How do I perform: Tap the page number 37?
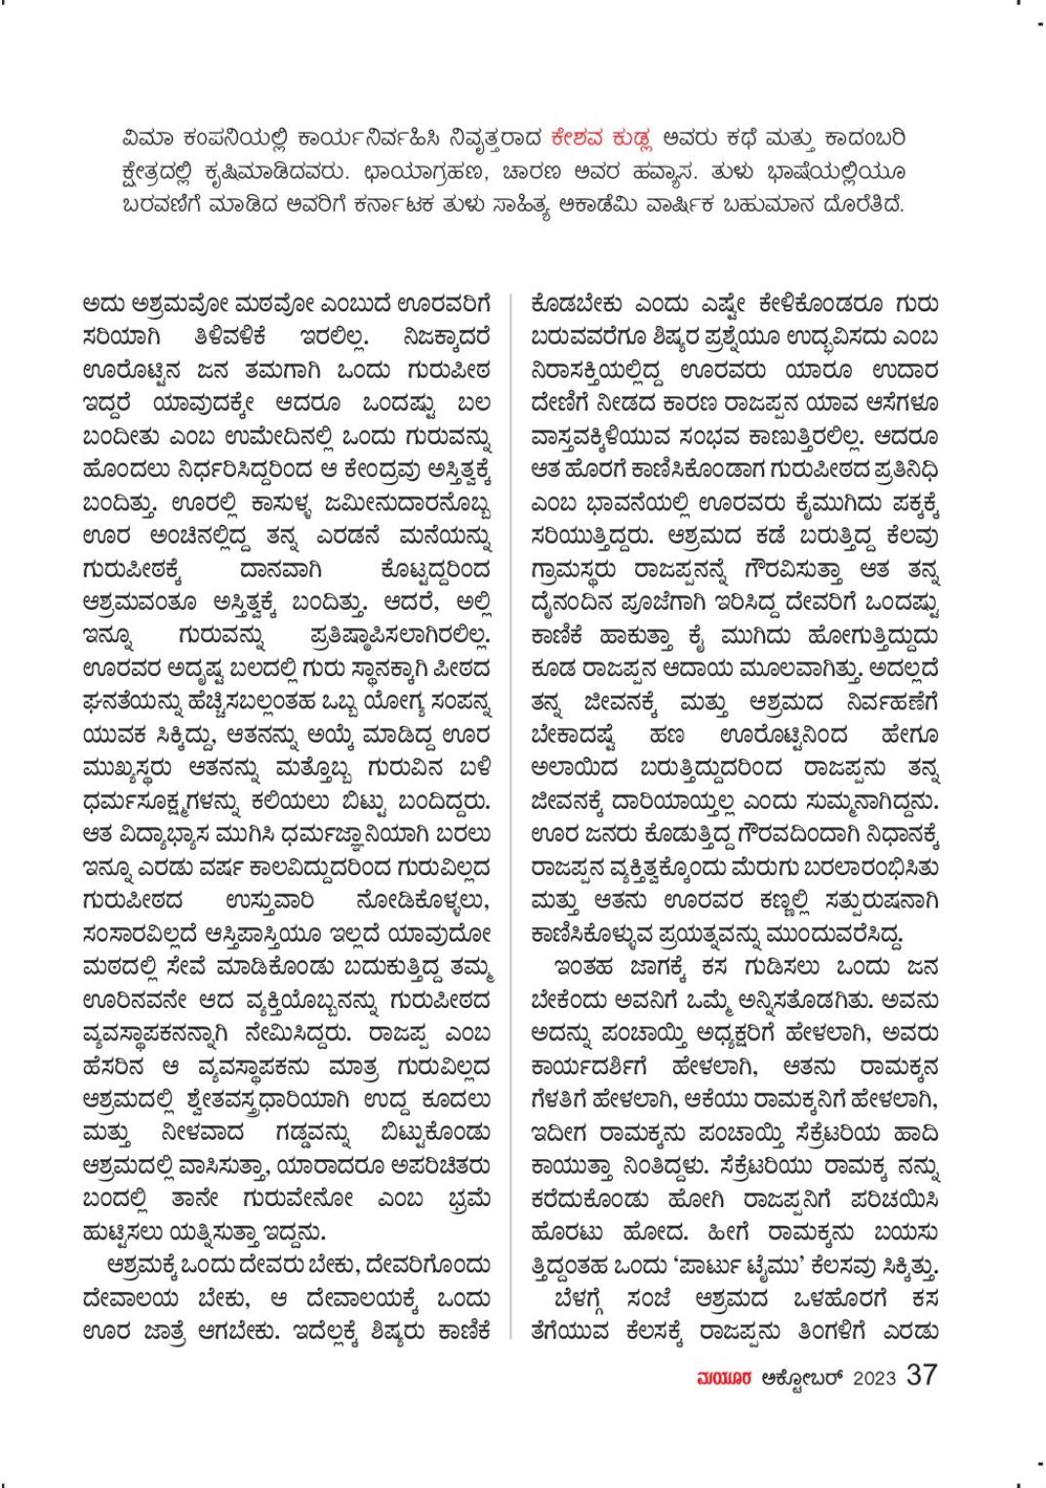[x=922, y=1375]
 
